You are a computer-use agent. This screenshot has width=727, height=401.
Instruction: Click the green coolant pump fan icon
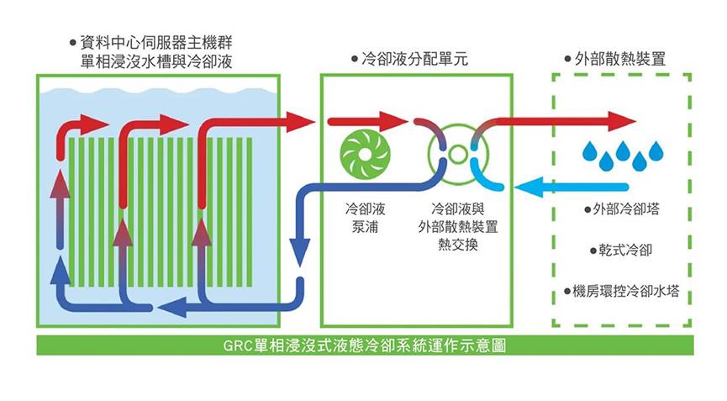(366, 155)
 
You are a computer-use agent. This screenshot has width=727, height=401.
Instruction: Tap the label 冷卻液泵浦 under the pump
(366, 218)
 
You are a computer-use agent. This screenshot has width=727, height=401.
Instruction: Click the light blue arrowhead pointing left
(529, 187)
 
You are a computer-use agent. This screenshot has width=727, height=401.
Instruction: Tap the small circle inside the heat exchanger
(457, 155)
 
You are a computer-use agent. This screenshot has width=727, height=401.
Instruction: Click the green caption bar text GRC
(238, 346)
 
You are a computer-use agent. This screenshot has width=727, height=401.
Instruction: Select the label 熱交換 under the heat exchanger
(457, 245)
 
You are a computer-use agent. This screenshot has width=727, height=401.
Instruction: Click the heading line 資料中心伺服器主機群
(156, 43)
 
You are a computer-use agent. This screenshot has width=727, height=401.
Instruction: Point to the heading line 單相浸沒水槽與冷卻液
(156, 61)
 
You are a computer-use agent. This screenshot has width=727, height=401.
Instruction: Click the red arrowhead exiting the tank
(300, 122)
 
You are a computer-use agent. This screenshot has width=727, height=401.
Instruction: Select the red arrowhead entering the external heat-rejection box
(621, 122)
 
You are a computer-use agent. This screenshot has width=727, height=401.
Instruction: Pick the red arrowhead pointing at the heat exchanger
(393, 122)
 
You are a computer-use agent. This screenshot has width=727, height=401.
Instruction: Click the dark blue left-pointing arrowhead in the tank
(171, 307)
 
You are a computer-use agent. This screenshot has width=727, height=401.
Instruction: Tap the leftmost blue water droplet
(591, 151)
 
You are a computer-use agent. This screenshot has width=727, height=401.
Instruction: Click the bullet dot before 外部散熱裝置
(567, 60)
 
